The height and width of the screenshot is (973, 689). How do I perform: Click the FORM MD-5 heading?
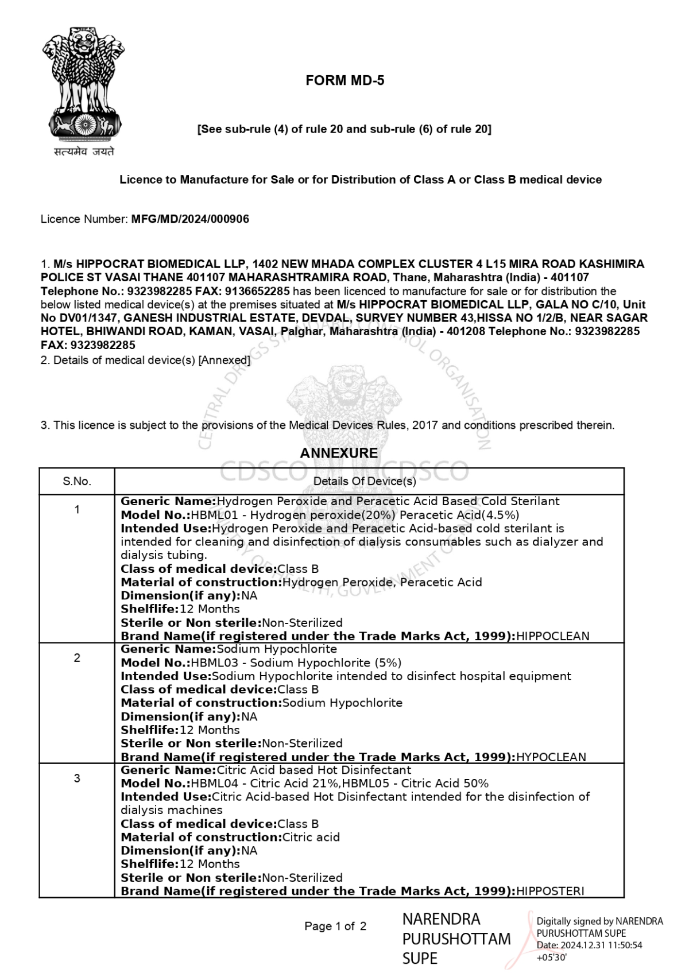click(x=344, y=81)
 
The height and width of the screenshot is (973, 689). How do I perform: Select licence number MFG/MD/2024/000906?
click(x=190, y=219)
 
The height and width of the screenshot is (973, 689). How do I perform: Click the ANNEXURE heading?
click(x=339, y=453)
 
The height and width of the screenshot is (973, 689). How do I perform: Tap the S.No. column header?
click(x=77, y=481)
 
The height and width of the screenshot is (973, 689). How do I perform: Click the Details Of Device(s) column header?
click(x=365, y=481)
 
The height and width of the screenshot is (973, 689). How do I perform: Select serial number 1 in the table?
click(x=77, y=509)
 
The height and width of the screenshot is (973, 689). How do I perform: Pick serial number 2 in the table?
click(x=77, y=658)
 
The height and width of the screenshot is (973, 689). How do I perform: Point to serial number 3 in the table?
click(x=77, y=778)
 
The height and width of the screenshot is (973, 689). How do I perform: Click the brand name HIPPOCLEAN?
click(x=553, y=636)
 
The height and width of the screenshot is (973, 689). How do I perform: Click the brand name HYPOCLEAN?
click(x=551, y=757)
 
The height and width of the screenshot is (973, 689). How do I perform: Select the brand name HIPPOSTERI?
click(x=550, y=891)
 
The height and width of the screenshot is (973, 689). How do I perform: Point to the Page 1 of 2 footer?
click(x=335, y=926)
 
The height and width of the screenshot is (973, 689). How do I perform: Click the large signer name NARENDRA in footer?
click(x=441, y=919)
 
